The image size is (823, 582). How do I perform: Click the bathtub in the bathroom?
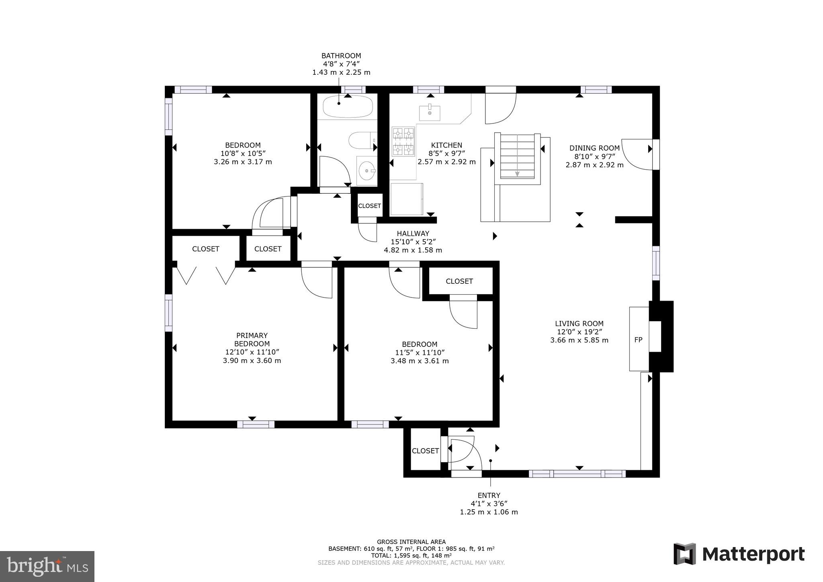pyautogui.click(x=348, y=107)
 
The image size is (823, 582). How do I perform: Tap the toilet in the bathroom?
pyautogui.click(x=362, y=141)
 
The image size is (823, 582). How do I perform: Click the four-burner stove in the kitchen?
pyautogui.click(x=403, y=141)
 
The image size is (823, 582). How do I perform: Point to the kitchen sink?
pyautogui.click(x=430, y=113)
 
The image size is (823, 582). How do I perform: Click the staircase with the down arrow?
pyautogui.click(x=517, y=157)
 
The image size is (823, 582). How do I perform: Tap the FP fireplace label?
pyautogui.click(x=638, y=340)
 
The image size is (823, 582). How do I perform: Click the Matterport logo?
pyautogui.click(x=739, y=554)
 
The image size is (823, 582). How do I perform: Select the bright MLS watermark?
pyautogui.click(x=47, y=566)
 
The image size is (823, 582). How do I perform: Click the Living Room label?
pyautogui.click(x=579, y=324)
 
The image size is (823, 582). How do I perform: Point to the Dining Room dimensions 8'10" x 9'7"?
pyautogui.click(x=594, y=156)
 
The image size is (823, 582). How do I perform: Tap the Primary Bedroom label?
pyautogui.click(x=252, y=340)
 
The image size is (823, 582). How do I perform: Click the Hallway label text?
pyautogui.click(x=413, y=234)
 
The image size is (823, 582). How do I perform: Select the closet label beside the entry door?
pyautogui.click(x=425, y=451)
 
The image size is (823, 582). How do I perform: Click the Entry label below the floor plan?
pyautogui.click(x=489, y=496)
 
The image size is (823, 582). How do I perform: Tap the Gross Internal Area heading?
pyautogui.click(x=411, y=542)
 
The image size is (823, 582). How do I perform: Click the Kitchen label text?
pyautogui.click(x=446, y=145)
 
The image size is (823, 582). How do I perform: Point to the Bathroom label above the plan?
pyautogui.click(x=341, y=56)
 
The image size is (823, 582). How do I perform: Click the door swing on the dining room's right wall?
pyautogui.click(x=637, y=155)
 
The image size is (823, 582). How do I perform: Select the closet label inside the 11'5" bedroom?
pyautogui.click(x=459, y=281)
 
